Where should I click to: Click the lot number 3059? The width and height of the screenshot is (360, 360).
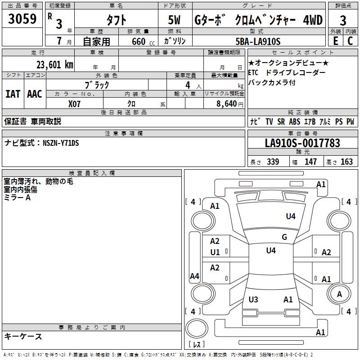point(22,19)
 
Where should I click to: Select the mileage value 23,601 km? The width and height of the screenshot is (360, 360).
point(54,65)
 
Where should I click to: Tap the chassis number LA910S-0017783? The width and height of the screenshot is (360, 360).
point(302,143)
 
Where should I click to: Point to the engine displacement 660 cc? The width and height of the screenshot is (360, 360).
point(139,41)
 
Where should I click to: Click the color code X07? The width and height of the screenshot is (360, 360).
point(75,103)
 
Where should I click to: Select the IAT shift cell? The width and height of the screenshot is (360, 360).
point(13,94)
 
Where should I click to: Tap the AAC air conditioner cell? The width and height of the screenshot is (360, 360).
point(34,94)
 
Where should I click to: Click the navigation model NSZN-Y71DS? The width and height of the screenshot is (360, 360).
point(61,143)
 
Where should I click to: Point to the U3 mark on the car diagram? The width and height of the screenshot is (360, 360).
point(253,300)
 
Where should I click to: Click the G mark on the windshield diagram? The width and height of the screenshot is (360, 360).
point(284,237)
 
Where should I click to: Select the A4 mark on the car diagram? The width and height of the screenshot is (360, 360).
point(194,276)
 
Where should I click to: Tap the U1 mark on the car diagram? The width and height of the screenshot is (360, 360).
point(215,252)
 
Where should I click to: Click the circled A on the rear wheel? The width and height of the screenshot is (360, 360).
point(339,294)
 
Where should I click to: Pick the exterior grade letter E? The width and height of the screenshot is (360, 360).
point(335,41)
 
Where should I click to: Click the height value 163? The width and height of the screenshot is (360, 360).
point(346,162)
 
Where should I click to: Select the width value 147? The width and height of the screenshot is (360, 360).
point(310,162)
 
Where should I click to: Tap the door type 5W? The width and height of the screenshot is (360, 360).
point(175,20)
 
